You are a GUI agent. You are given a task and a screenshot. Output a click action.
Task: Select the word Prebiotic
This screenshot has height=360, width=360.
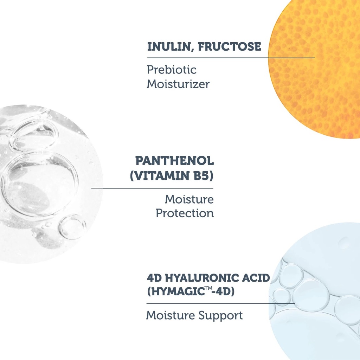(172, 70)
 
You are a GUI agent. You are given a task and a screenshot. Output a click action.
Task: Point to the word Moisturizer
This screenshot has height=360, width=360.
(178, 84)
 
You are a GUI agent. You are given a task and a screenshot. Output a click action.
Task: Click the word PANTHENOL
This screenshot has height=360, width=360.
(174, 161)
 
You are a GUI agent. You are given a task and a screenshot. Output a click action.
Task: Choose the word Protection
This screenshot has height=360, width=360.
(185, 213)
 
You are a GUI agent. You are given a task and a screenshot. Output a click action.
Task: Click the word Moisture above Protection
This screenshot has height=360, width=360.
(189, 199)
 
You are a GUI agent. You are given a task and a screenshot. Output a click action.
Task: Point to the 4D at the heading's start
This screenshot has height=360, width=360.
(153, 278)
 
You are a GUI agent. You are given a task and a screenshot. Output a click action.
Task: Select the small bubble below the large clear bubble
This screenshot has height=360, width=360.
(72, 227)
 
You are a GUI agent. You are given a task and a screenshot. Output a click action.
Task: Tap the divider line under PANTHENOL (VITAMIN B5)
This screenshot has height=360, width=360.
(152, 188)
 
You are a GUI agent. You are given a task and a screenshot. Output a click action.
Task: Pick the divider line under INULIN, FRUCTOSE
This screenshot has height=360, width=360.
(231, 57)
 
